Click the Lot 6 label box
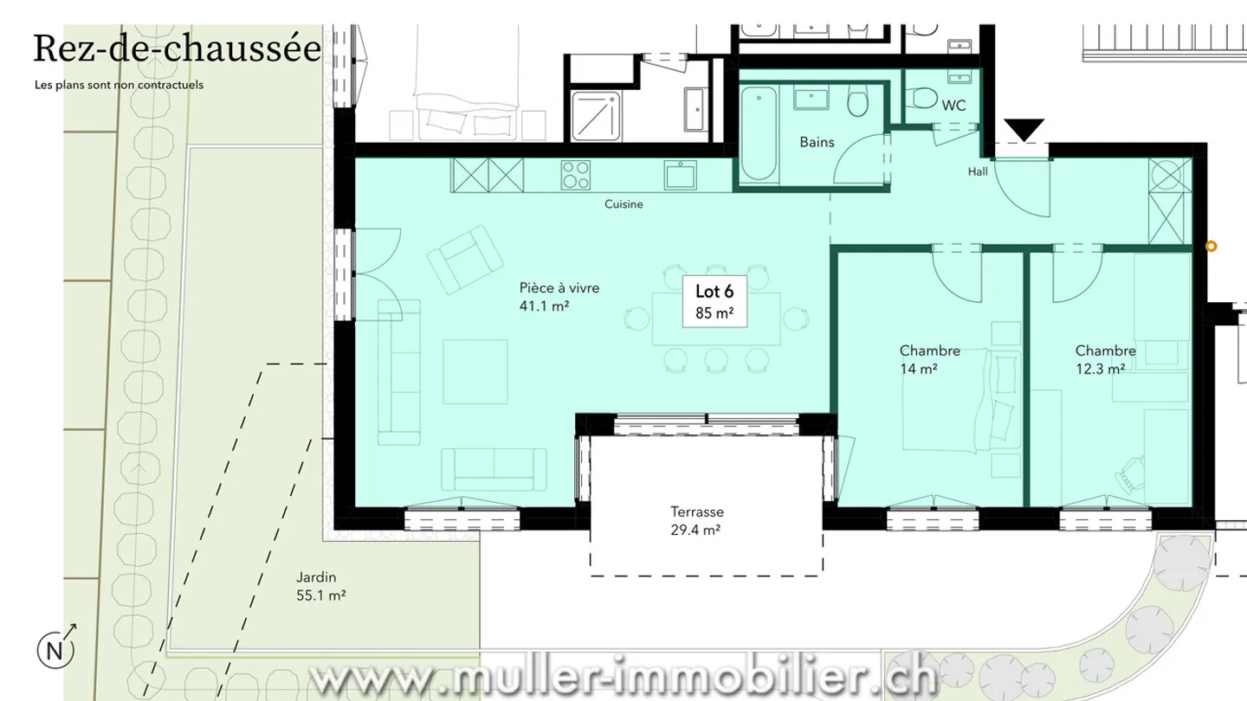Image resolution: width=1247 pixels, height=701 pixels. point(714,302)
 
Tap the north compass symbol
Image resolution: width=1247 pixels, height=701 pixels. point(55,649)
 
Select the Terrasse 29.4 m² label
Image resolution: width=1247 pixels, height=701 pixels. point(696,521)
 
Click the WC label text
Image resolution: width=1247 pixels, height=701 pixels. point(953,106)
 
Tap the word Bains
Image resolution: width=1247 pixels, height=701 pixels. point(817,141)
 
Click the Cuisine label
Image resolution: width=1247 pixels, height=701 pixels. point(623,204)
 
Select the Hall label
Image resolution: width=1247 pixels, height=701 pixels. point(977,171)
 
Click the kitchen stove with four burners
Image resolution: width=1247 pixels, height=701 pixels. point(575,176)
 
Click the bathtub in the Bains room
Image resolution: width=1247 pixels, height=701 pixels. point(759,133)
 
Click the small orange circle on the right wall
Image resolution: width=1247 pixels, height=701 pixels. point(1211,247)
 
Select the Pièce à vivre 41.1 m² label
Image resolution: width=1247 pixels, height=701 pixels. point(559,297)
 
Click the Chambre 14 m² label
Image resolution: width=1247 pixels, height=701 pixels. point(929,359)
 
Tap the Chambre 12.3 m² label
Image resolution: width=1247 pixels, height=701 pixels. point(1105,359)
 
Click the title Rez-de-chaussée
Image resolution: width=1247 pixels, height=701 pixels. point(177,48)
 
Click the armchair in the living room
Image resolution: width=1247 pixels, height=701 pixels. point(465,258)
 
